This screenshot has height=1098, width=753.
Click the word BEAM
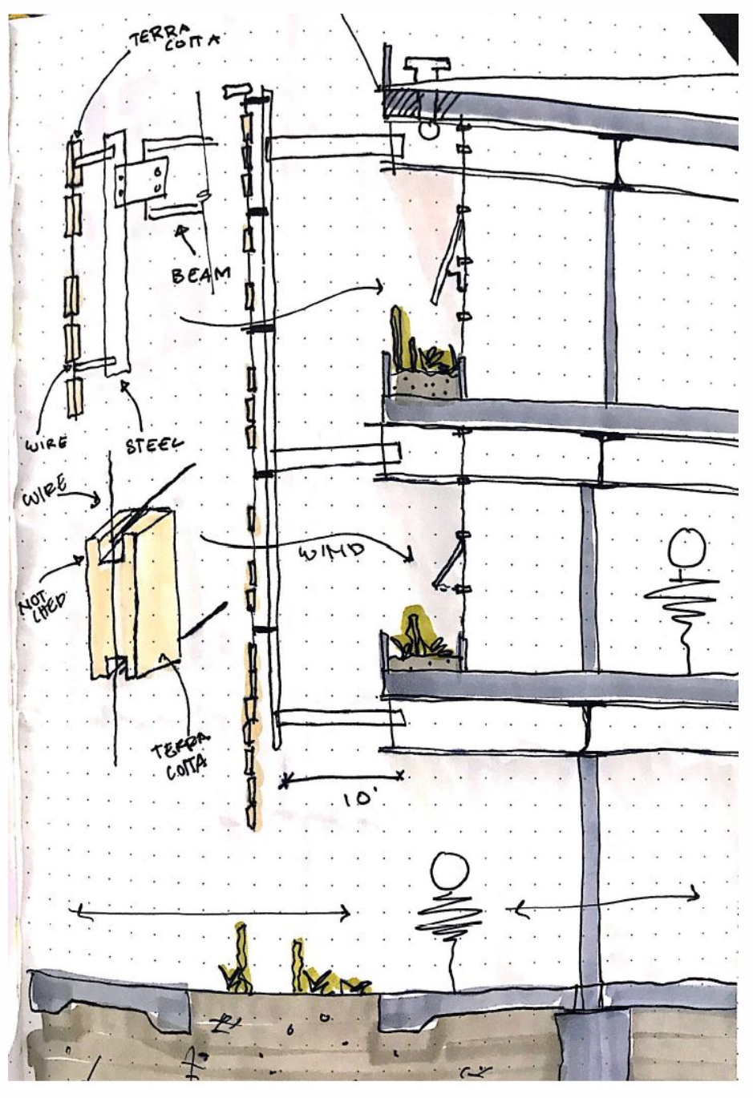click(200, 274)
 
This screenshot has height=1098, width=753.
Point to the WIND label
click(330, 551)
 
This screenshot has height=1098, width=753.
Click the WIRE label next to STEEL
click(46, 442)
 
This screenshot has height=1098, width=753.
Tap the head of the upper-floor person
click(686, 547)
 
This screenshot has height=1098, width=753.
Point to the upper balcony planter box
click(425, 384)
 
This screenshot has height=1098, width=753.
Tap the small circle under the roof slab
click(430, 127)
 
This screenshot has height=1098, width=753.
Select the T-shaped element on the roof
click(422, 65)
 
